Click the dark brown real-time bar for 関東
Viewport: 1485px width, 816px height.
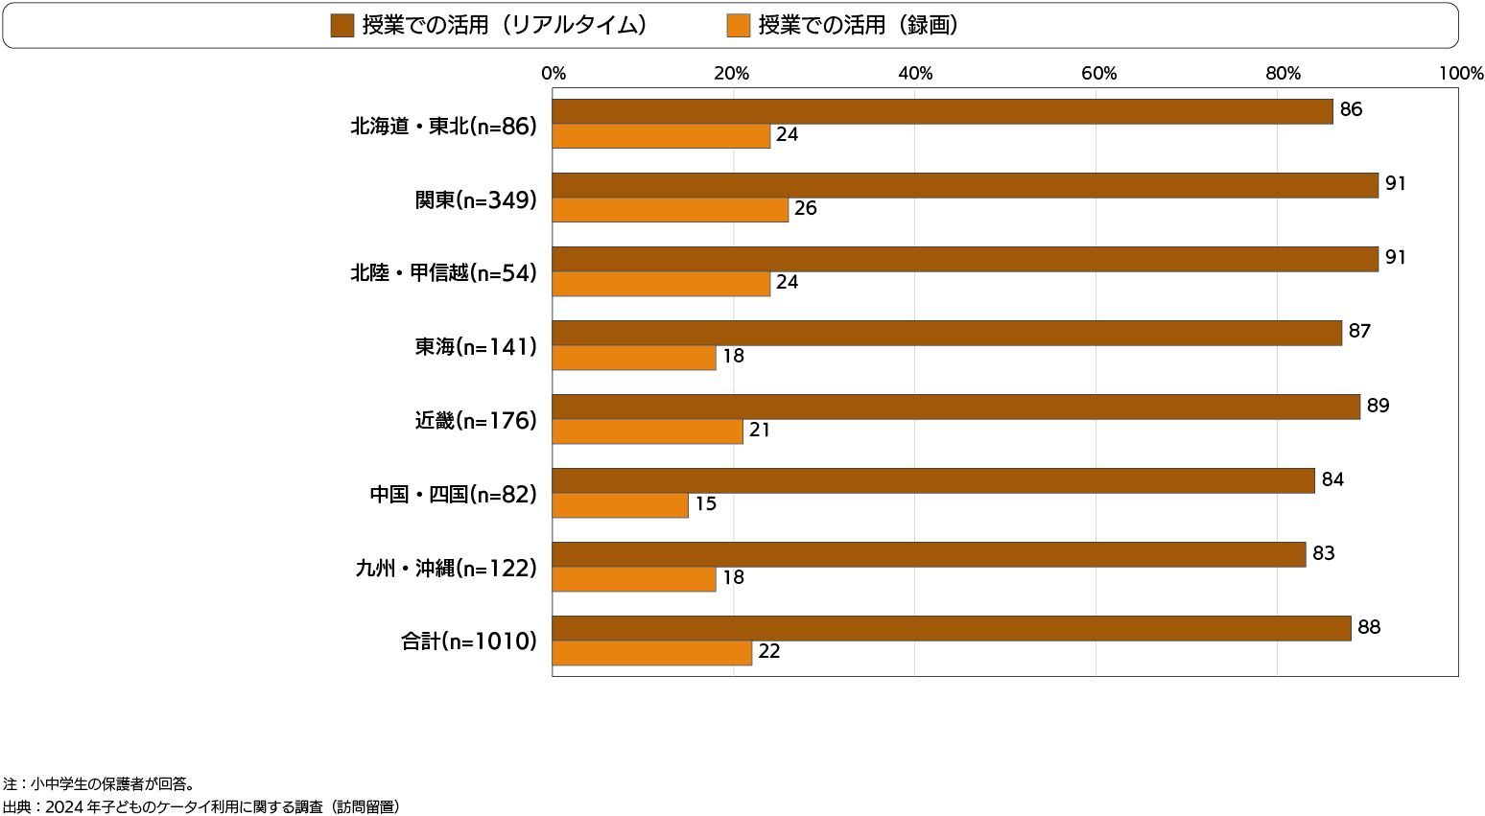pos(964,185)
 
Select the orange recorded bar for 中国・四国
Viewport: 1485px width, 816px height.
pos(620,505)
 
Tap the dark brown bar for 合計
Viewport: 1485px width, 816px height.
pos(951,628)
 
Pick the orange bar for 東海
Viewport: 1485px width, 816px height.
pos(633,358)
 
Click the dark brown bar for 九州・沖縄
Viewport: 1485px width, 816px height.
pos(929,554)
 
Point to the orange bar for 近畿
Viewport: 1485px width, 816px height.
pos(648,431)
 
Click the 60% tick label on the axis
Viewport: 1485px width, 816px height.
pos(1099,74)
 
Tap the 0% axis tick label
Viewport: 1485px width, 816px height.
pos(554,74)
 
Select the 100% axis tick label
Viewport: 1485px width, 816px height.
pos(1461,74)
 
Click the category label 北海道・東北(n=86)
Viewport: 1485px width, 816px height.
pos(443,126)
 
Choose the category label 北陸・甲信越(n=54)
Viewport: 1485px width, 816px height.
pos(443,273)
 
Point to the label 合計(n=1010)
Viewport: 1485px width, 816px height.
pos(469,641)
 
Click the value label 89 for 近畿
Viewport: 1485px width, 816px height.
pos(1378,406)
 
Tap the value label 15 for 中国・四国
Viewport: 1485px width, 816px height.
pos(706,503)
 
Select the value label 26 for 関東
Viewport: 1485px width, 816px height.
pos(806,208)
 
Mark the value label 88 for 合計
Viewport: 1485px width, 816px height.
pos(1369,627)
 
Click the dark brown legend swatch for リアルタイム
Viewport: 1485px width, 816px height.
pos(342,26)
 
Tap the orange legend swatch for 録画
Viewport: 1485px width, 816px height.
pos(739,26)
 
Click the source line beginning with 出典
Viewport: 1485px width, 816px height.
pos(201,806)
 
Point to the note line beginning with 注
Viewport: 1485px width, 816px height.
pos(99,784)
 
